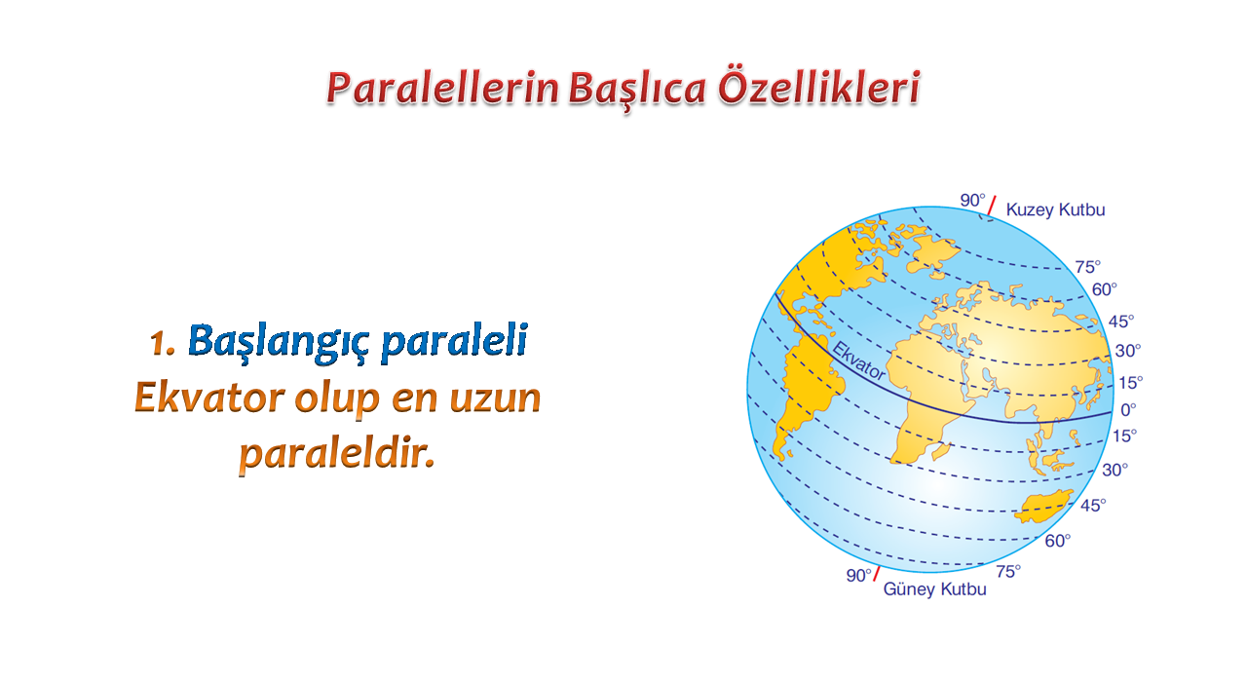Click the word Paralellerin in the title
442,88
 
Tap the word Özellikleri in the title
818,87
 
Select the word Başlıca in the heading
638,89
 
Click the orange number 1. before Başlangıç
162,342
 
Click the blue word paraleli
454,342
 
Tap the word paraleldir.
337,454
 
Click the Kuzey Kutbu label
1055,209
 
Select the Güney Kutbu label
934,588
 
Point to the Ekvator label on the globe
858,360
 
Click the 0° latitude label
1128,409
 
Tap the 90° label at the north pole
972,201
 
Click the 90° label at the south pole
858,575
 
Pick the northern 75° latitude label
1088,267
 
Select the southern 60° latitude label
1057,541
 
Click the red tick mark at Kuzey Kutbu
992,206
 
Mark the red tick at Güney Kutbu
876,573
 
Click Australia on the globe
1043,507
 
